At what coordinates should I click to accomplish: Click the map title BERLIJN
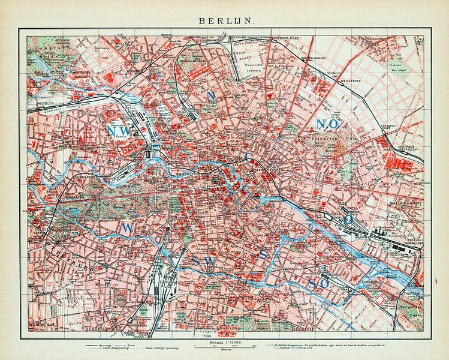click(x=224, y=20)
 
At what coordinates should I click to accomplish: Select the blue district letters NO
click(x=327, y=124)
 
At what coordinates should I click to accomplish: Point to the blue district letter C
click(x=248, y=157)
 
